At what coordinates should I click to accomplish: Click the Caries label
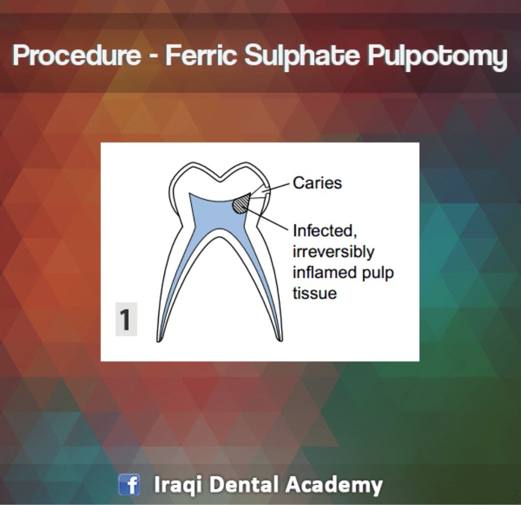(x=317, y=183)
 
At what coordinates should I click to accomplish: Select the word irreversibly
(x=333, y=252)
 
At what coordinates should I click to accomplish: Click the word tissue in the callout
(x=314, y=294)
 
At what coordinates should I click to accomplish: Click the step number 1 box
(x=126, y=321)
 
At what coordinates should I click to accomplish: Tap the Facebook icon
(x=129, y=484)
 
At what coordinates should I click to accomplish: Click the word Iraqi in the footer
(x=179, y=485)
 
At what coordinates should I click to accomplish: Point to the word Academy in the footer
(x=334, y=485)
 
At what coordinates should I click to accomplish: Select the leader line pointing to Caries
(x=277, y=188)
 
